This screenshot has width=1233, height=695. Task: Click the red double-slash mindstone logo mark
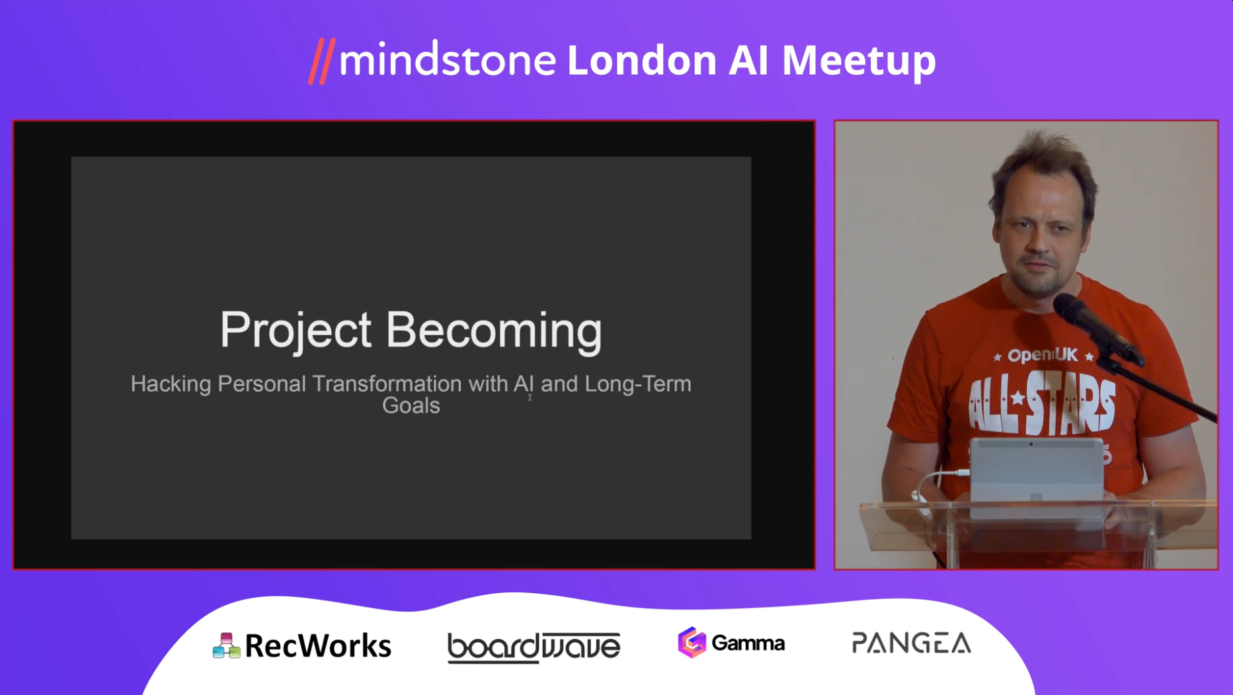tap(322, 61)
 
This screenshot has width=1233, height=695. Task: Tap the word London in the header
tap(642, 60)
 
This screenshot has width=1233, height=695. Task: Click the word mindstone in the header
tap(448, 60)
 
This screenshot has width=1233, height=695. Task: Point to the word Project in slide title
tap(296, 331)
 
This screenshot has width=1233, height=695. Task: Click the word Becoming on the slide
tap(494, 331)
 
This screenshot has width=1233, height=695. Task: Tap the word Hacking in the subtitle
tap(171, 384)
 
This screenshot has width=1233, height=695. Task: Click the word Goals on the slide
tap(411, 405)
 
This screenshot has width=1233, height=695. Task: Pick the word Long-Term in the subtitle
tap(638, 384)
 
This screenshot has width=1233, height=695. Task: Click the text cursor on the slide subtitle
tap(530, 397)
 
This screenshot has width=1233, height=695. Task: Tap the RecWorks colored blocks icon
tap(226, 645)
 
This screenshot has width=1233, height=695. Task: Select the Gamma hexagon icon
tap(692, 643)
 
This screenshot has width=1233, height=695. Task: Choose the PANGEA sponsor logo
tap(911, 643)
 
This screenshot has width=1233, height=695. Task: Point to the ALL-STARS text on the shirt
tap(1042, 401)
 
